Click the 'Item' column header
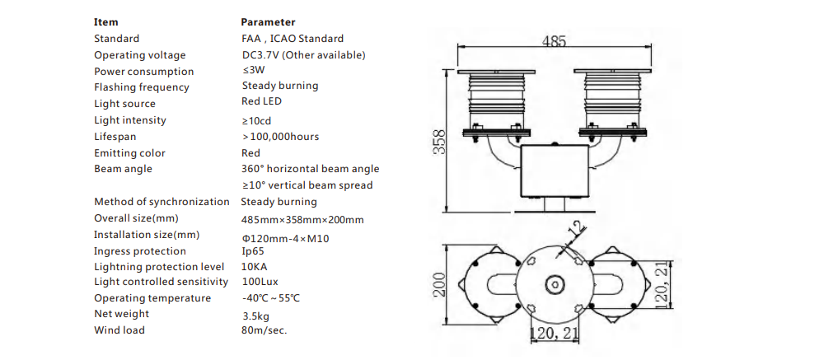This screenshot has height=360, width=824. coord(106,22)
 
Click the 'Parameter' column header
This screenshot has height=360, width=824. coord(268,22)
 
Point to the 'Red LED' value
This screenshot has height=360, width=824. coord(261,101)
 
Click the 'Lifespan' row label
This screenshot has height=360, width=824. coord(115,137)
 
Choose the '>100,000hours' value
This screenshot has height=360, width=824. coord(280,136)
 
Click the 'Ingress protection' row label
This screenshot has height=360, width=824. coord(140,251)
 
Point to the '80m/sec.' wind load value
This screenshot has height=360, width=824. coord(260,330)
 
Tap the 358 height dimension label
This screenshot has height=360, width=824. coord(440,142)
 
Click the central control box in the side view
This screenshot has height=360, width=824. coord(555,171)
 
